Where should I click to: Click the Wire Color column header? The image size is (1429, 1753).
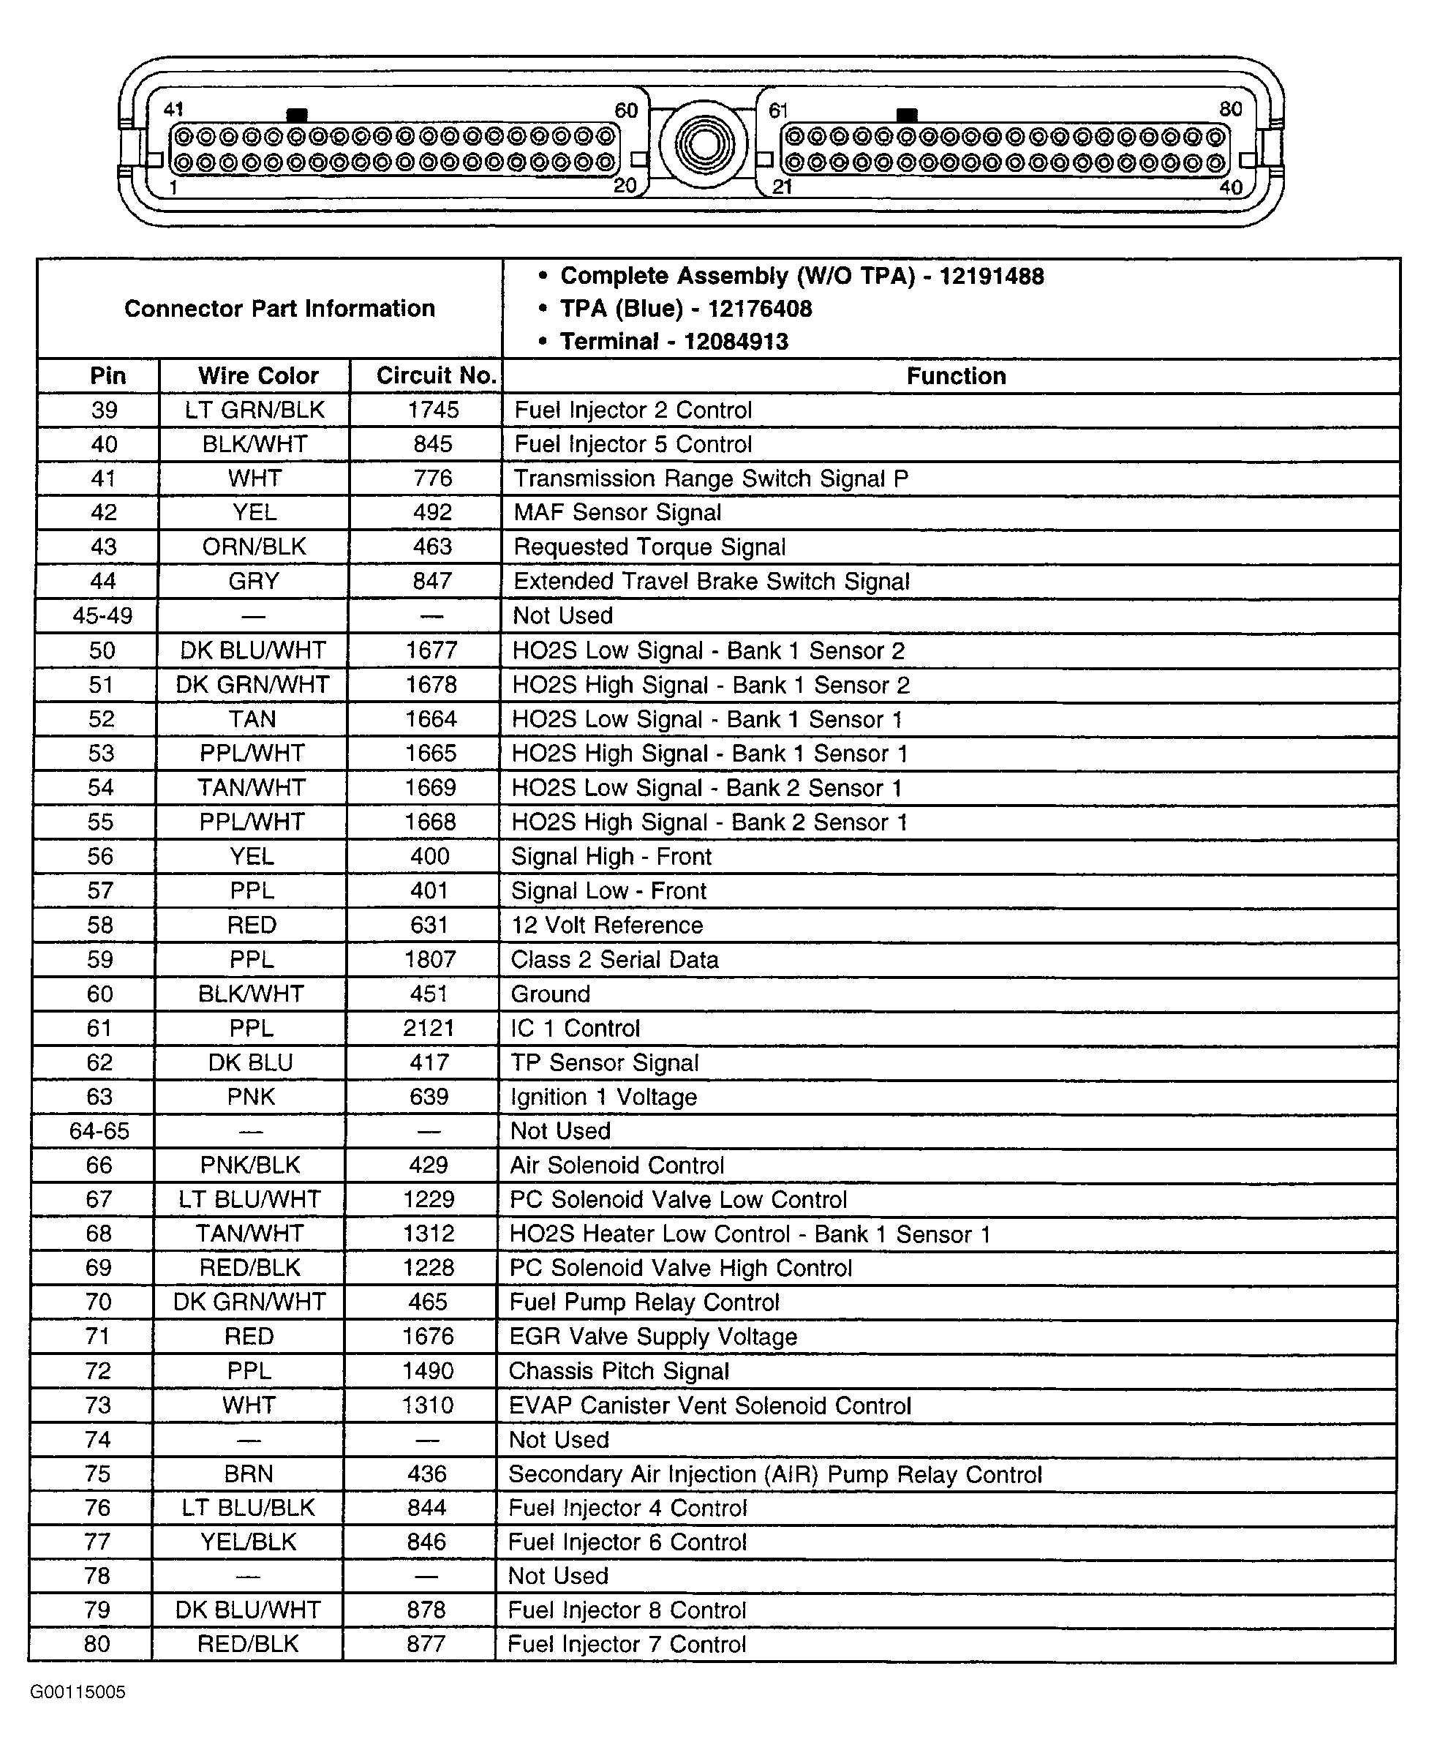(257, 376)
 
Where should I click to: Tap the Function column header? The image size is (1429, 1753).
(956, 376)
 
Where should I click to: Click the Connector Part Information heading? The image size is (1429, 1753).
(279, 309)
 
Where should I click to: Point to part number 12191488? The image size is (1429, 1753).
(991, 276)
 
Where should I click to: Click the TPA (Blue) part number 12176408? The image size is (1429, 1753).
(759, 309)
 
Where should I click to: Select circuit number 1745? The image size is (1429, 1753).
(433, 410)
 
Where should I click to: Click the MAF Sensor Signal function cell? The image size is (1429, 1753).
(617, 512)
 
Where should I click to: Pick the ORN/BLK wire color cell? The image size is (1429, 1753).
(254, 547)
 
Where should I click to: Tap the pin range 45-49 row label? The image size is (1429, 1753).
(102, 616)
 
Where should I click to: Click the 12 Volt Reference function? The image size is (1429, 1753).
(608, 925)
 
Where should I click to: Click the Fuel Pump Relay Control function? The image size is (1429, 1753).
(644, 1302)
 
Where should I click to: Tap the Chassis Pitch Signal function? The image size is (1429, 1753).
(619, 1371)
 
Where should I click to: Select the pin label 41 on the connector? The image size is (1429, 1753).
(173, 110)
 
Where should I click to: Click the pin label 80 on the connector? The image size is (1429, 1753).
(1231, 110)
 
